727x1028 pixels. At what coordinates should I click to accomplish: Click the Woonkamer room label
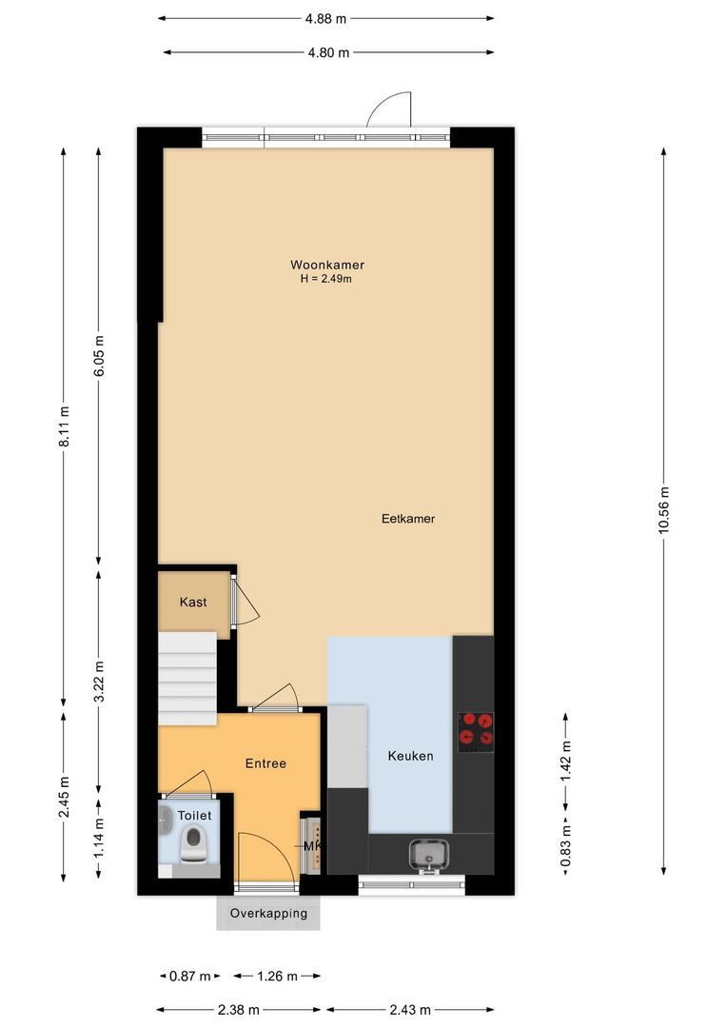point(327,265)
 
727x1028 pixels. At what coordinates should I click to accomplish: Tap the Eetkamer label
point(407,519)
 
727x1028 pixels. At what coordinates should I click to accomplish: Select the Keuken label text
point(410,756)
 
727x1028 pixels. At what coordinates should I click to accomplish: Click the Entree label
point(265,762)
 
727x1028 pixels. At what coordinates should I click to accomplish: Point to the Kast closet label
point(193,602)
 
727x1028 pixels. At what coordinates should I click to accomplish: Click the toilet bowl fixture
point(194,842)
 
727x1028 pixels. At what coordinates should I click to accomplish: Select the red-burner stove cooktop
point(476,729)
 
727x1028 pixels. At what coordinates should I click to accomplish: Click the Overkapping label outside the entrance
point(268,913)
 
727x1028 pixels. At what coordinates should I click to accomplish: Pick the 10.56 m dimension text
point(663,511)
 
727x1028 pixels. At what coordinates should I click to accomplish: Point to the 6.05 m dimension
point(99,355)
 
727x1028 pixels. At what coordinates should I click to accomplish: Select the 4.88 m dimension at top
point(325,17)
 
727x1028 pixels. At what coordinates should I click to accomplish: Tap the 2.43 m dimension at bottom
point(409,1009)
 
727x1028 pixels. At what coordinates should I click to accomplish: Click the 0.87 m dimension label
point(188,976)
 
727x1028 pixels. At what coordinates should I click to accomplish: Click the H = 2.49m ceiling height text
point(326,279)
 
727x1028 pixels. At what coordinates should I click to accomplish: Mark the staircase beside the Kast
point(187,678)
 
